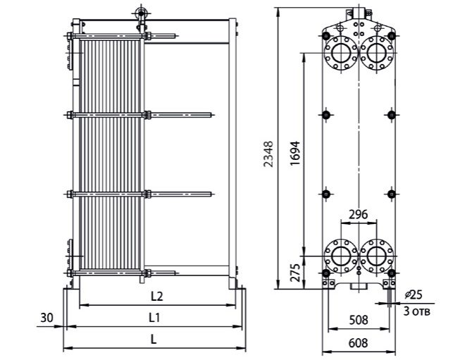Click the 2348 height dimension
[268, 154]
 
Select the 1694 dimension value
[295, 154]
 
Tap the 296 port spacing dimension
[359, 215]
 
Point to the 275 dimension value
[296, 273]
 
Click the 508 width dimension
[359, 320]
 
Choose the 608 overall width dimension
[359, 343]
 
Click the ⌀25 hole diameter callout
[414, 295]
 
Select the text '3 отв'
[417, 311]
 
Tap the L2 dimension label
[157, 297]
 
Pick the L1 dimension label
[154, 318]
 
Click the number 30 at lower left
[47, 318]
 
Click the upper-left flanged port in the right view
[340, 54]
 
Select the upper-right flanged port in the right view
[377, 54]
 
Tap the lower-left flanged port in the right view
[340, 256]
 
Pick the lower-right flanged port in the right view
[377, 256]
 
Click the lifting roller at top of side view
[142, 13]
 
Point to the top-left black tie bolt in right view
[326, 36]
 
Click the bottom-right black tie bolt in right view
[391, 273]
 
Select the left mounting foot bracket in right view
[328, 283]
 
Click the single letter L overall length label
[154, 340]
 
